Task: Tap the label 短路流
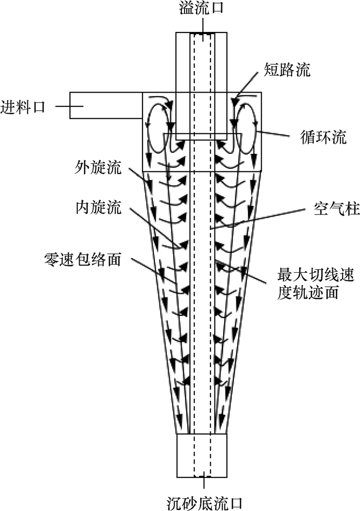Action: (287, 70)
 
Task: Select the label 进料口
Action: (24, 107)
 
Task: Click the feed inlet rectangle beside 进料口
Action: (105, 105)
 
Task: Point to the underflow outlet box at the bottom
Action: (202, 455)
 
